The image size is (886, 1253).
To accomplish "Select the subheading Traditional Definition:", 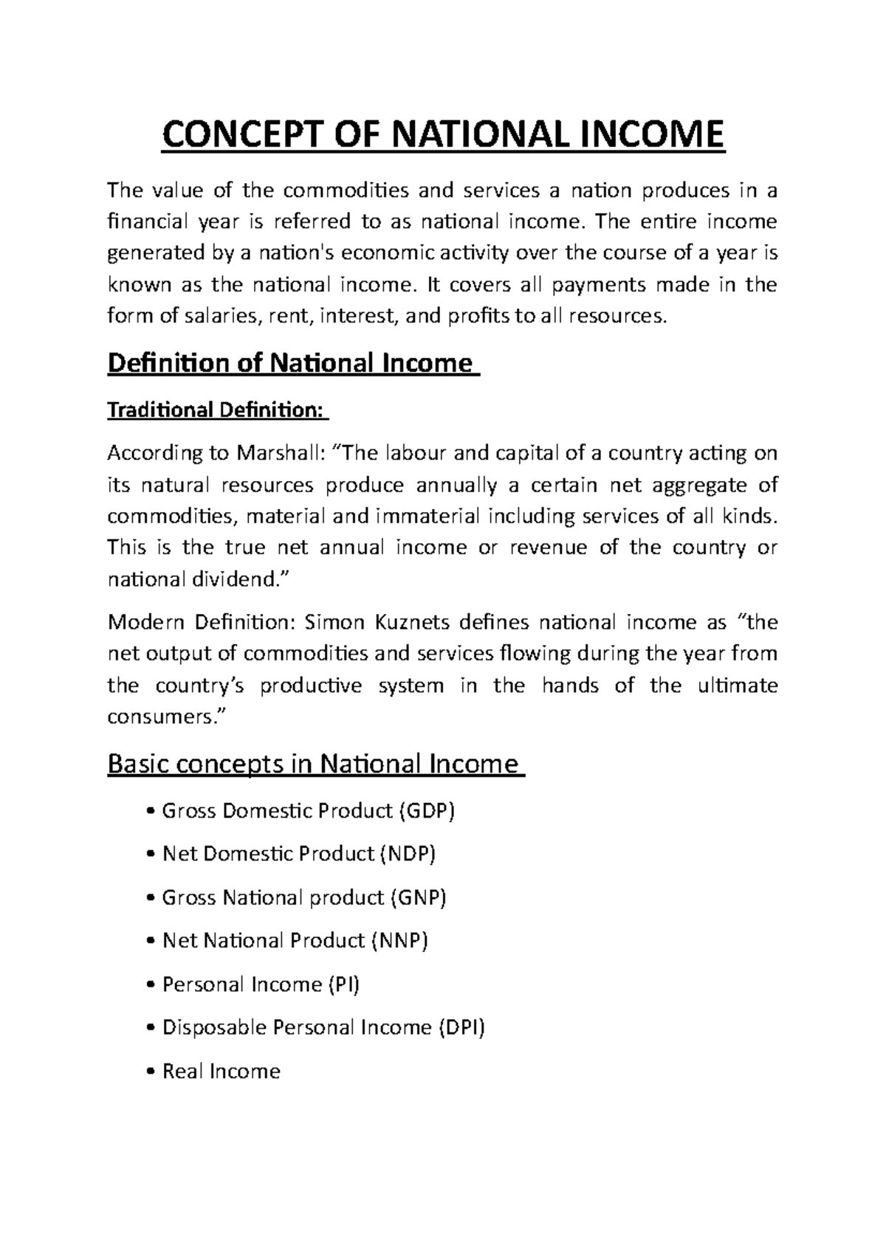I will pyautogui.click(x=218, y=410).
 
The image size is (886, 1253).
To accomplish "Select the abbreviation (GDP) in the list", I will pyautogui.click(x=427, y=811).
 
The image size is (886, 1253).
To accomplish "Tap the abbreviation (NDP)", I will pyautogui.click(x=408, y=854).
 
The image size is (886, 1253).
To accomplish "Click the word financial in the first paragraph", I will pyautogui.click(x=148, y=221).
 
